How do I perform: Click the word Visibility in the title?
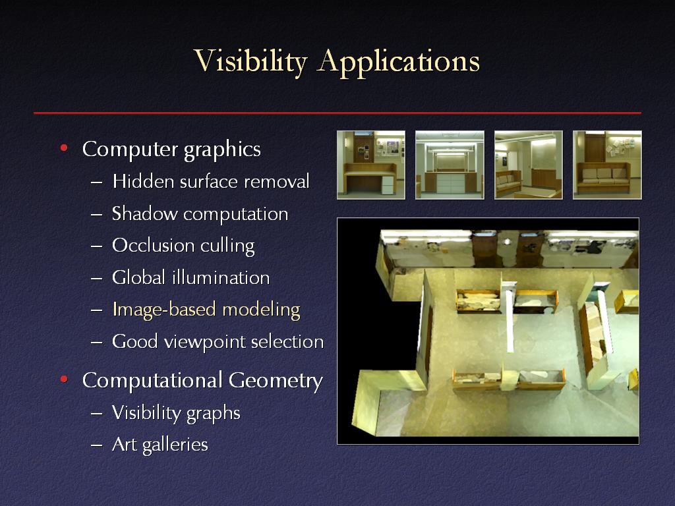click(x=250, y=61)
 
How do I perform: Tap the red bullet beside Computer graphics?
click(x=64, y=148)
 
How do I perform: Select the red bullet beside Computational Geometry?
click(x=64, y=379)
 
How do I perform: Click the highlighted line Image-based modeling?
click(x=206, y=310)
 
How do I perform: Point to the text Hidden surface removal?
click(x=211, y=181)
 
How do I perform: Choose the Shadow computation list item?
click(x=200, y=214)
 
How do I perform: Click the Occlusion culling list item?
click(x=183, y=246)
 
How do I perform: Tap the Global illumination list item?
click(x=191, y=277)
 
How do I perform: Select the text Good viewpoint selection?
click(x=218, y=342)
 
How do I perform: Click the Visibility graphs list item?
click(x=176, y=413)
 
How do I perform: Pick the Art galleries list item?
click(x=160, y=445)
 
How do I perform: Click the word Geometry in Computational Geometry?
click(x=276, y=381)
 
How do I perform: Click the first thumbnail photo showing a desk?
click(x=371, y=165)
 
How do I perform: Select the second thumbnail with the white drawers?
click(x=450, y=165)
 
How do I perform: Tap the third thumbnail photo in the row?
click(x=529, y=165)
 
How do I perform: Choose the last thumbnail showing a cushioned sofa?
click(x=607, y=165)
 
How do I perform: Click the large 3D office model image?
click(x=488, y=331)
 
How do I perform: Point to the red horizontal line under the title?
click(x=337, y=113)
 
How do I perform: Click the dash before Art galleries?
click(x=97, y=445)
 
